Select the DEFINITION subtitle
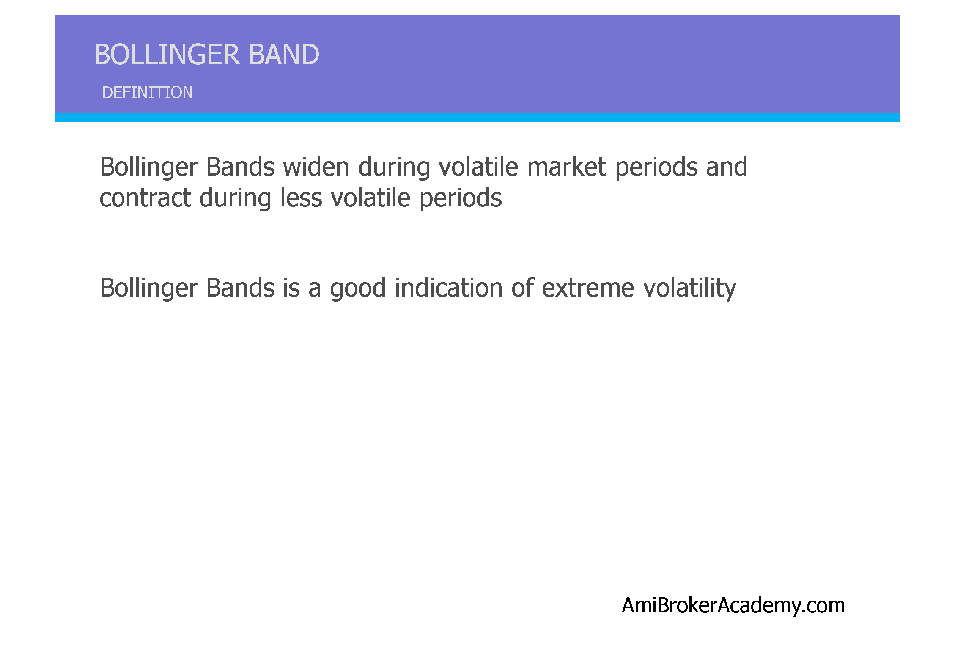click(147, 93)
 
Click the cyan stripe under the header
click(477, 117)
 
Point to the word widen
click(316, 167)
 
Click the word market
click(567, 167)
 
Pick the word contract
click(145, 198)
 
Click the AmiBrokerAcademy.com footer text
click(733, 605)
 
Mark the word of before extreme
click(522, 288)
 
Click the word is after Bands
click(291, 288)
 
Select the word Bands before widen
click(240, 167)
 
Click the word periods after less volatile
click(461, 198)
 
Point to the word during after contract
click(235, 198)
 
